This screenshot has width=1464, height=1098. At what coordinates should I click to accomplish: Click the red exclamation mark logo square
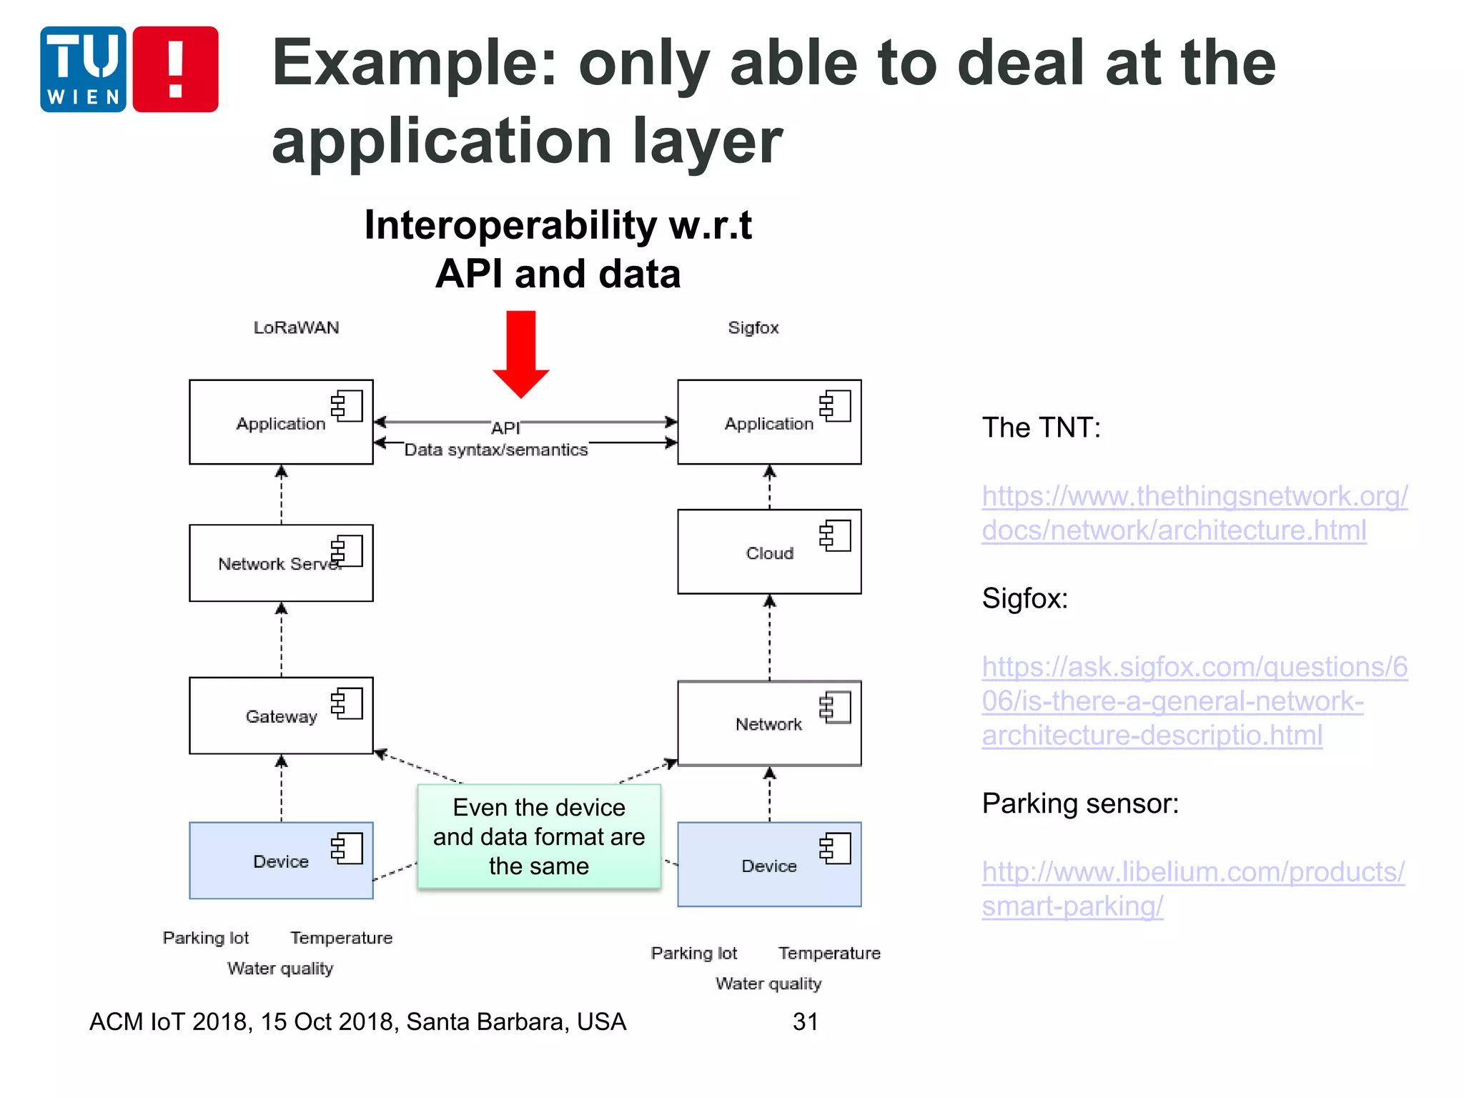pos(175,69)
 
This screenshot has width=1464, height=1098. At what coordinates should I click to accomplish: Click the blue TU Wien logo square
pos(83,69)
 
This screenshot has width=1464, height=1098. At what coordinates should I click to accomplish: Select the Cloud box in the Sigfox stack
pos(769,552)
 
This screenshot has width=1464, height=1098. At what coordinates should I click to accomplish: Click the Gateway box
pos(281,716)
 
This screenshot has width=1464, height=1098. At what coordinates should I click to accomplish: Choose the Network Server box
pos(281,563)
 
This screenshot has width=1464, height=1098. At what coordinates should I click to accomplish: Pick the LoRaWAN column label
pos(296,327)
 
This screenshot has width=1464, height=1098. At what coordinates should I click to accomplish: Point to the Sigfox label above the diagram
pos(753,327)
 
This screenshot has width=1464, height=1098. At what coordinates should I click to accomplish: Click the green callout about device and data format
pos(539,836)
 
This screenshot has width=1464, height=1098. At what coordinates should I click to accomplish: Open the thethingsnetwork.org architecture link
pos(1194,513)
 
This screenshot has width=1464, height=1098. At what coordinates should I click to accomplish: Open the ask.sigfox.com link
pos(1194,701)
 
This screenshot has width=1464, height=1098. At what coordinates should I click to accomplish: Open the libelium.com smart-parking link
pos(1192,889)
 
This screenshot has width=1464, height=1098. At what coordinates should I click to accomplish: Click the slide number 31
pos(805,1022)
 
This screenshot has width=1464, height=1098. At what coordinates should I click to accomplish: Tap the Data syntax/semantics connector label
pos(496,450)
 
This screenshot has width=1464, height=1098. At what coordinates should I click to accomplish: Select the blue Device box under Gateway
pos(281,861)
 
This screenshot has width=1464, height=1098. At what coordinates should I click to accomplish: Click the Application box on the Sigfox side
pos(769,422)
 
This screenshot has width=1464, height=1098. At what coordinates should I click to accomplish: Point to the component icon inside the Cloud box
pos(835,535)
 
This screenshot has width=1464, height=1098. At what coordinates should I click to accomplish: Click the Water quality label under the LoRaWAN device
pos(280,969)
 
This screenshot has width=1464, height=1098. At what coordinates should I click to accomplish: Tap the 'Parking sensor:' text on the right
pos(1080,803)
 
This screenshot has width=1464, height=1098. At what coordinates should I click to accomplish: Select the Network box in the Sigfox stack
pos(769,723)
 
